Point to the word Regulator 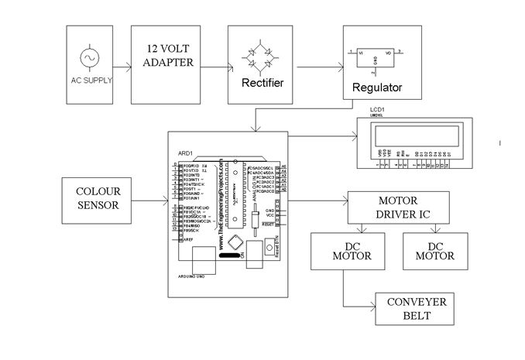click(377, 87)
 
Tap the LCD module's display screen click(413, 137)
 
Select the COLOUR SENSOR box click(97, 198)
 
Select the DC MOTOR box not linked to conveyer click(436, 251)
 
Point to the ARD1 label click(185, 153)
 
